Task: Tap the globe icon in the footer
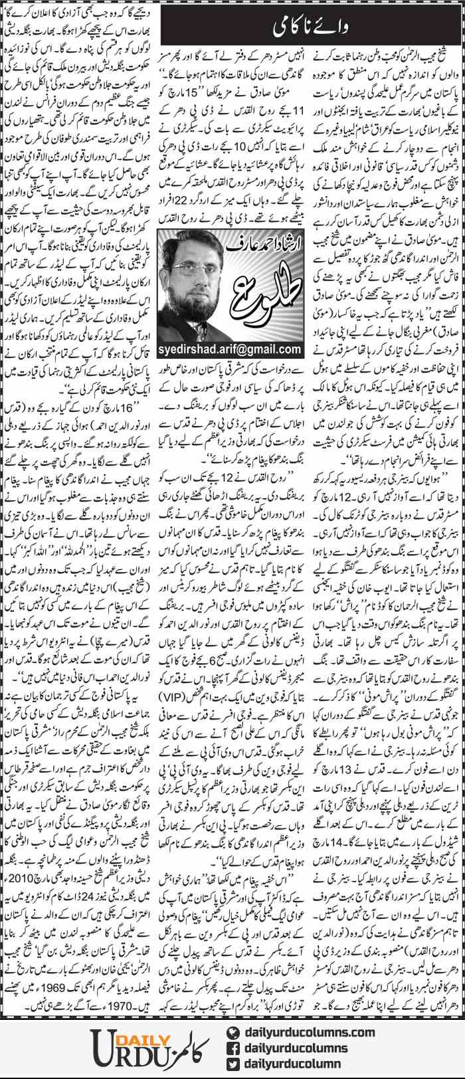pyautogui.click(x=233, y=1032)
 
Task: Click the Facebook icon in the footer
pyautogui.click(x=233, y=1047)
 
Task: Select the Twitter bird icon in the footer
pyautogui.click(x=233, y=1063)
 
